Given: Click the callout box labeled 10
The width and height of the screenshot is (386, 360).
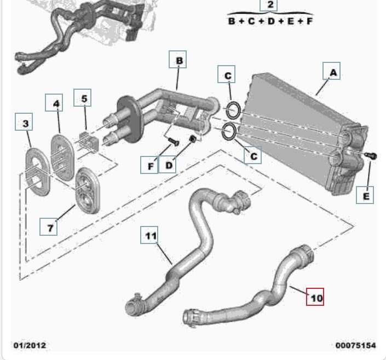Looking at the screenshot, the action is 315,297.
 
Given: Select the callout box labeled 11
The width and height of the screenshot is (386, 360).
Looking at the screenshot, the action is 149,235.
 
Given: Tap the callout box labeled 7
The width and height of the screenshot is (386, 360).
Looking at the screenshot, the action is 49,227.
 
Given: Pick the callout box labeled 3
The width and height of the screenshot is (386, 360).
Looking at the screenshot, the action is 24,121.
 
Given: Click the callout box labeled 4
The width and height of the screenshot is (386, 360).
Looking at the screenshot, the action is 54,102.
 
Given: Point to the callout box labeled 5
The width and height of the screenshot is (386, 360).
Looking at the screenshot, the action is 83,98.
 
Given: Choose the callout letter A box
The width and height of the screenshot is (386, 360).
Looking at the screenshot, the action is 332,71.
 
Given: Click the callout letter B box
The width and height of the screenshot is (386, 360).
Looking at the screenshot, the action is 177,59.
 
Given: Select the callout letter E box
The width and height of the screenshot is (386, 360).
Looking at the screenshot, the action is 365,195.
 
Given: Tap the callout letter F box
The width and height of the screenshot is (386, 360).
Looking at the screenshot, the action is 149,165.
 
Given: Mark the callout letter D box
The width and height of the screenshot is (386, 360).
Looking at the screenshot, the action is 167,164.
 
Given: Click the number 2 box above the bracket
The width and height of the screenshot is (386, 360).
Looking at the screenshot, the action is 269,5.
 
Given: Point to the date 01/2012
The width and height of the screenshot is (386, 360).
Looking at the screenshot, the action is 30,345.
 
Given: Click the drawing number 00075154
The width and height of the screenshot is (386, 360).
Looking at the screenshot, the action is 356,345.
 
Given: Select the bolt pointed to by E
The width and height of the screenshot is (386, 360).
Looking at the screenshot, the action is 371,155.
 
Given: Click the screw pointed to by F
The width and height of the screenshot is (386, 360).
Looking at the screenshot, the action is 174,142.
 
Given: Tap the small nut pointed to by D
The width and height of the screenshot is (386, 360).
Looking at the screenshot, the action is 193,139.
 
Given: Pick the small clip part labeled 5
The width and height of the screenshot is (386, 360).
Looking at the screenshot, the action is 89,141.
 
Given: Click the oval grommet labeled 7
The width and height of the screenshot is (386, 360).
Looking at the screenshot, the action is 88,190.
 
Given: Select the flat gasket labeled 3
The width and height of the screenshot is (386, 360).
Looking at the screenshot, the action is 38,171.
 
